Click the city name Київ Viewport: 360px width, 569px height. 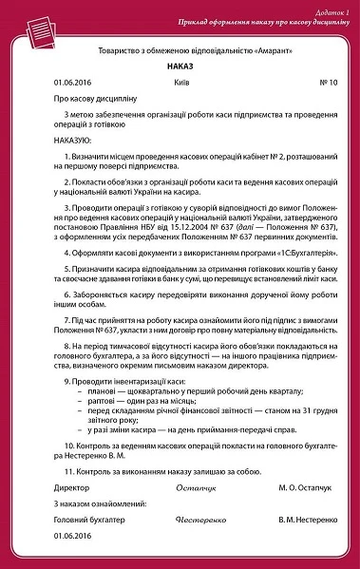point(182,83)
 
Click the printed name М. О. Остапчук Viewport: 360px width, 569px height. point(304,489)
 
